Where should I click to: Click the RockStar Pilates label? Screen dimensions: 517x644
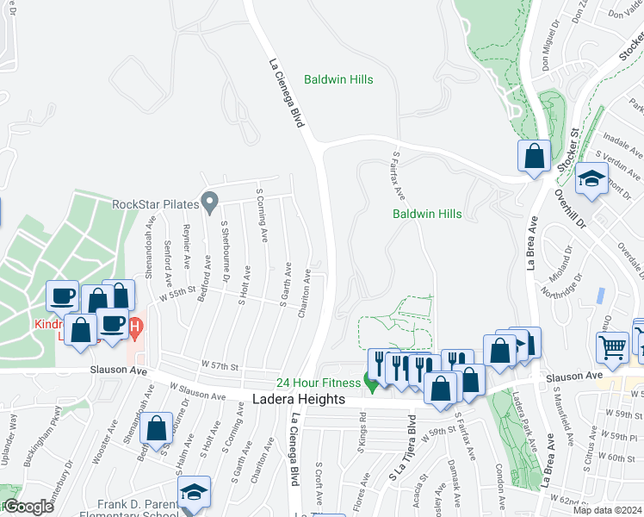155,204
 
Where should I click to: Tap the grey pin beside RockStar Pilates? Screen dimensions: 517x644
208,202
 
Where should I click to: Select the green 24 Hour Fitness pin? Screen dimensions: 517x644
372,383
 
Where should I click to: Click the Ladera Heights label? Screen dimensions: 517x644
299,400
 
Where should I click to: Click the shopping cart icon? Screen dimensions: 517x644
612,346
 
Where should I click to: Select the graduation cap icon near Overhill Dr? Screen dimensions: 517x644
591,178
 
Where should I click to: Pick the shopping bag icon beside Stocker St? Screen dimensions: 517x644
534,157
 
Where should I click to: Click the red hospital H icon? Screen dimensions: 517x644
134,327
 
